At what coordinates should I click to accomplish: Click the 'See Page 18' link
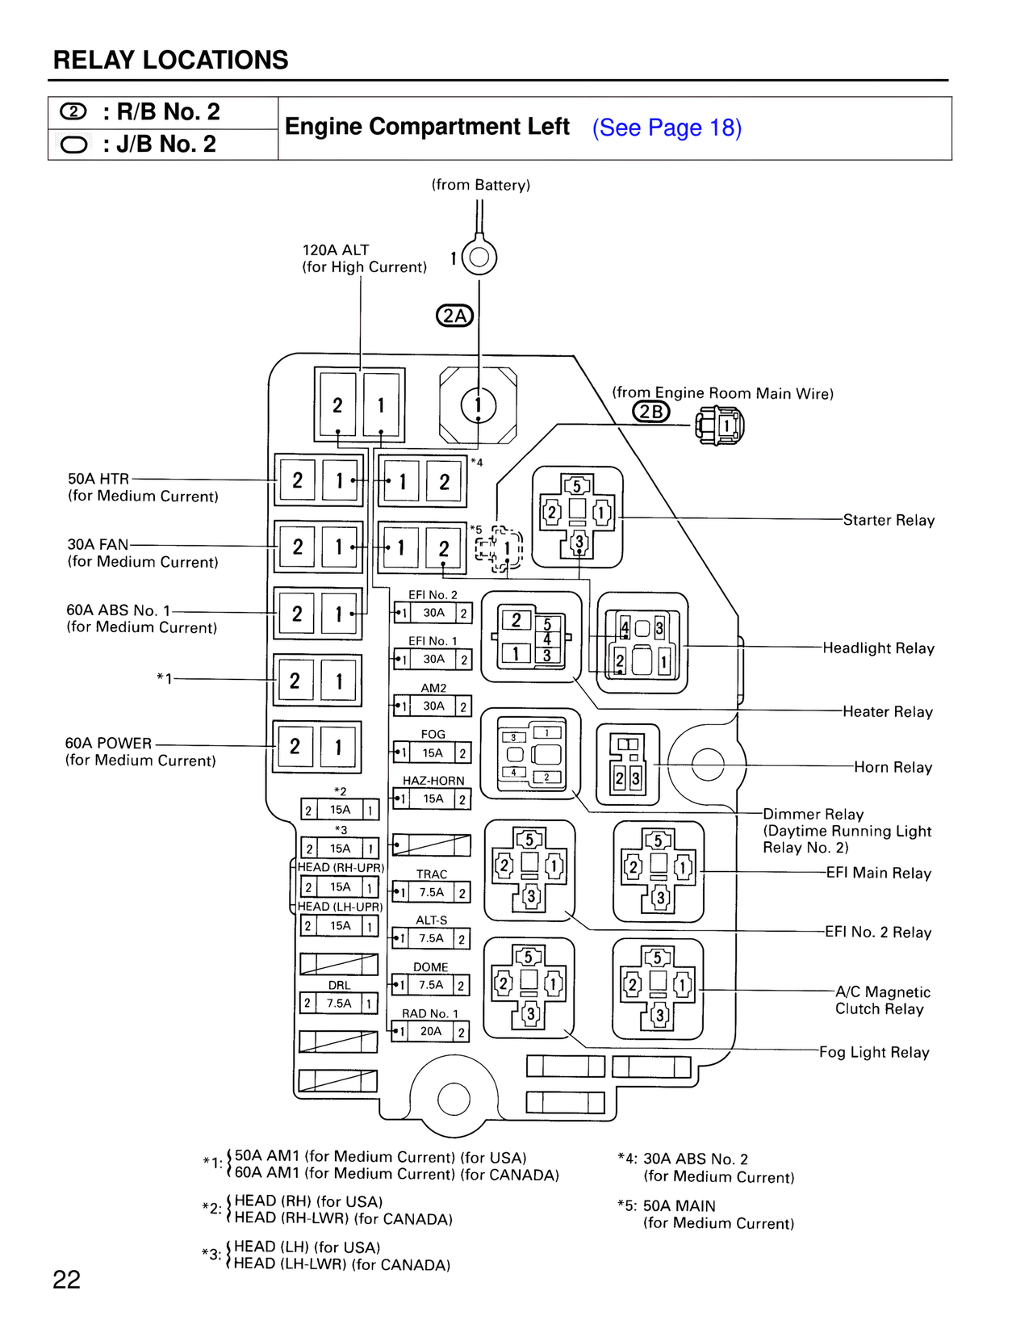tap(667, 128)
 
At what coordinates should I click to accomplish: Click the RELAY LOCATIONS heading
tap(170, 61)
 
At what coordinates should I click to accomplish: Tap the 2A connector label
tap(454, 316)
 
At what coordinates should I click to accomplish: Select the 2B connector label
tap(650, 412)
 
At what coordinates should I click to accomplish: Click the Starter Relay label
tap(889, 520)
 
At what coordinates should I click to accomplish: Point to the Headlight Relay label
tap(878, 648)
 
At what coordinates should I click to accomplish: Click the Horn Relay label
tap(893, 767)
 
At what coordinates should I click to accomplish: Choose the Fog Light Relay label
tap(874, 1052)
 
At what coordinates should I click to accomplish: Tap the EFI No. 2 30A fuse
tap(433, 613)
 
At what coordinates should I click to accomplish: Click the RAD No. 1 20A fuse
tap(430, 1031)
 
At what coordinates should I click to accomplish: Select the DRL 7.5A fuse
tap(339, 1003)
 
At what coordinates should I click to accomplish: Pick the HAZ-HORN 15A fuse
tap(433, 798)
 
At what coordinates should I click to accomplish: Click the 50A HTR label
tap(98, 479)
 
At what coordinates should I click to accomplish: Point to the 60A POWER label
tap(108, 743)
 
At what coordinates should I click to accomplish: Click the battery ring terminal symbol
tap(479, 258)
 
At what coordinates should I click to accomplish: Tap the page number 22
tap(66, 1280)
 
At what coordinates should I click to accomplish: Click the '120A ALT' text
tap(336, 250)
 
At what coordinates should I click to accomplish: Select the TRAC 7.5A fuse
tap(431, 892)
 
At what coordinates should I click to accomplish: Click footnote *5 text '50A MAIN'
tap(679, 1205)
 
